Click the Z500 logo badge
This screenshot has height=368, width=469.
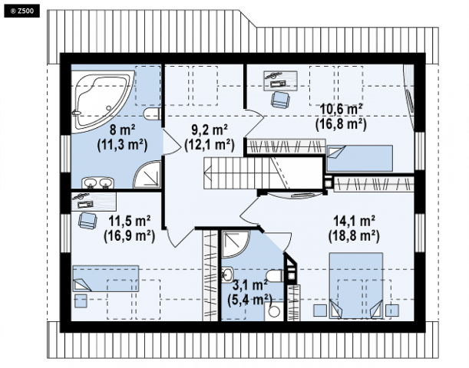pyautogui.click(x=21, y=11)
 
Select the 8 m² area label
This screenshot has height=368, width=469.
pyautogui.click(x=122, y=137)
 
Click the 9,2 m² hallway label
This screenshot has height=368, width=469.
pyautogui.click(x=210, y=137)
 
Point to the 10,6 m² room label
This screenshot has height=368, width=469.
pyautogui.click(x=342, y=117)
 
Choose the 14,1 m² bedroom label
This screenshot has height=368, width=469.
pyautogui.click(x=354, y=228)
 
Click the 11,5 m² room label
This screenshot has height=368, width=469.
pyautogui.click(x=129, y=228)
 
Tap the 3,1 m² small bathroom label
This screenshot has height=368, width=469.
pyautogui.click(x=249, y=292)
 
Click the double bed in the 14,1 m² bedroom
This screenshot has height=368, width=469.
pyautogui.click(x=356, y=285)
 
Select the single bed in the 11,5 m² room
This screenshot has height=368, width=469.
pyautogui.click(x=106, y=278)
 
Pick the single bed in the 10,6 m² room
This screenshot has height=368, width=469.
pyautogui.click(x=359, y=158)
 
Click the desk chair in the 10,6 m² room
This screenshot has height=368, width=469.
pyautogui.click(x=280, y=100)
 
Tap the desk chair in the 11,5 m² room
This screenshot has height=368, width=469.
pyautogui.click(x=88, y=221)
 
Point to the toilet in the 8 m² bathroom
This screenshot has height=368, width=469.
pyautogui.click(x=152, y=114)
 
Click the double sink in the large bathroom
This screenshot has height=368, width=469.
pyautogui.click(x=98, y=182)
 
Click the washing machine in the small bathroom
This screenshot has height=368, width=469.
pyautogui.click(x=274, y=311)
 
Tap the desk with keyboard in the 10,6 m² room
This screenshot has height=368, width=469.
pyautogui.click(x=280, y=80)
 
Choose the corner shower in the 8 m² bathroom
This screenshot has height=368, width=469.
pyautogui.click(x=147, y=175)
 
